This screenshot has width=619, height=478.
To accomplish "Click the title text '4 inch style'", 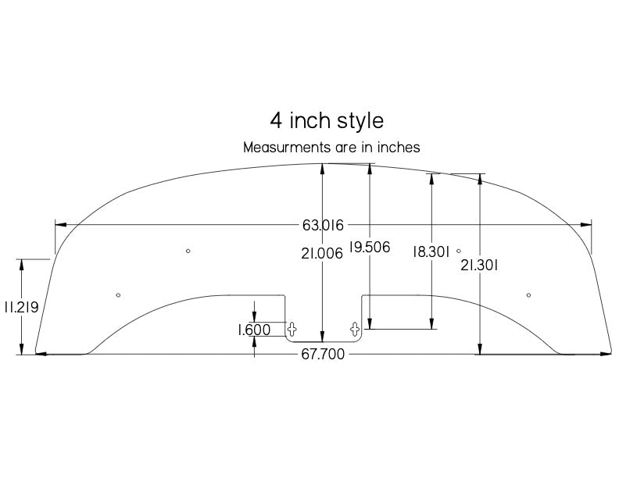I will tap(327, 121).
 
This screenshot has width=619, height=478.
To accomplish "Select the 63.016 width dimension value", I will tap(323, 226).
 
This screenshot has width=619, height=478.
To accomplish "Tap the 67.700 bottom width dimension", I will tap(323, 355).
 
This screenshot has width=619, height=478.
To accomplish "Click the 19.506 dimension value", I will tap(370, 247).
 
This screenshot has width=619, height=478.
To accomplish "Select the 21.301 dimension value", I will tap(480, 265).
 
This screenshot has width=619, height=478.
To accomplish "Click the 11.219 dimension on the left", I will tap(21, 308).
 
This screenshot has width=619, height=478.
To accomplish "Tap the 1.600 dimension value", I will tap(254, 330).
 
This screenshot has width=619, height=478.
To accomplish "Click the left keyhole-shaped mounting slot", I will tap(292, 327).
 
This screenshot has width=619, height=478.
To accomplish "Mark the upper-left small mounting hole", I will tap(188, 251).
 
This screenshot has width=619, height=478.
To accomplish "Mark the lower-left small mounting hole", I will tap(118, 295).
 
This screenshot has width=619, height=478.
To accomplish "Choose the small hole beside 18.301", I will tap(459, 251).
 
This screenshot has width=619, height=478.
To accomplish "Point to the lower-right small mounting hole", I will tap(529, 295).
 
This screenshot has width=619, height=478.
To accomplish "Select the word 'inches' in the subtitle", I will tap(399, 147).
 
